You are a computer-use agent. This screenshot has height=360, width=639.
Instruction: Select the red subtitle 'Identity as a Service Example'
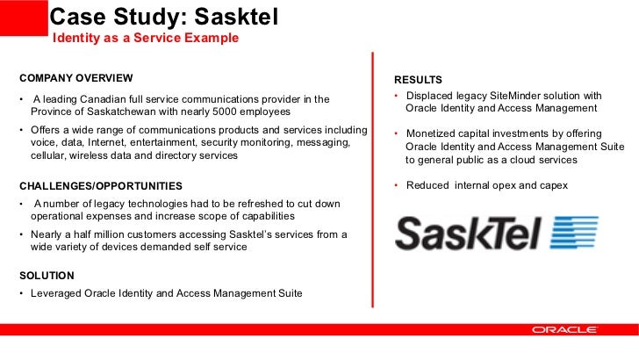[x=146, y=39]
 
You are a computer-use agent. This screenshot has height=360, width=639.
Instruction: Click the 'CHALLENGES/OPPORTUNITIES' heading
[x=101, y=185]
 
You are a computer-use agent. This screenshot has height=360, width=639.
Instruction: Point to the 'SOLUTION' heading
[x=47, y=276]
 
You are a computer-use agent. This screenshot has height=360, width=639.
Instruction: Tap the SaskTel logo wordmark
[x=469, y=234]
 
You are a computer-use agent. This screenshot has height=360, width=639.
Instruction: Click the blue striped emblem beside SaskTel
[x=575, y=234]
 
